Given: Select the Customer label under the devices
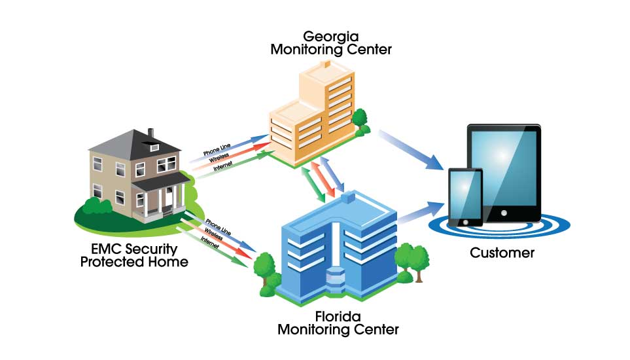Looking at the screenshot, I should [502, 253].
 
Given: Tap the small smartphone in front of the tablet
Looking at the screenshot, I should [465, 196].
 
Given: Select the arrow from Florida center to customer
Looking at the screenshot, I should [422, 213].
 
